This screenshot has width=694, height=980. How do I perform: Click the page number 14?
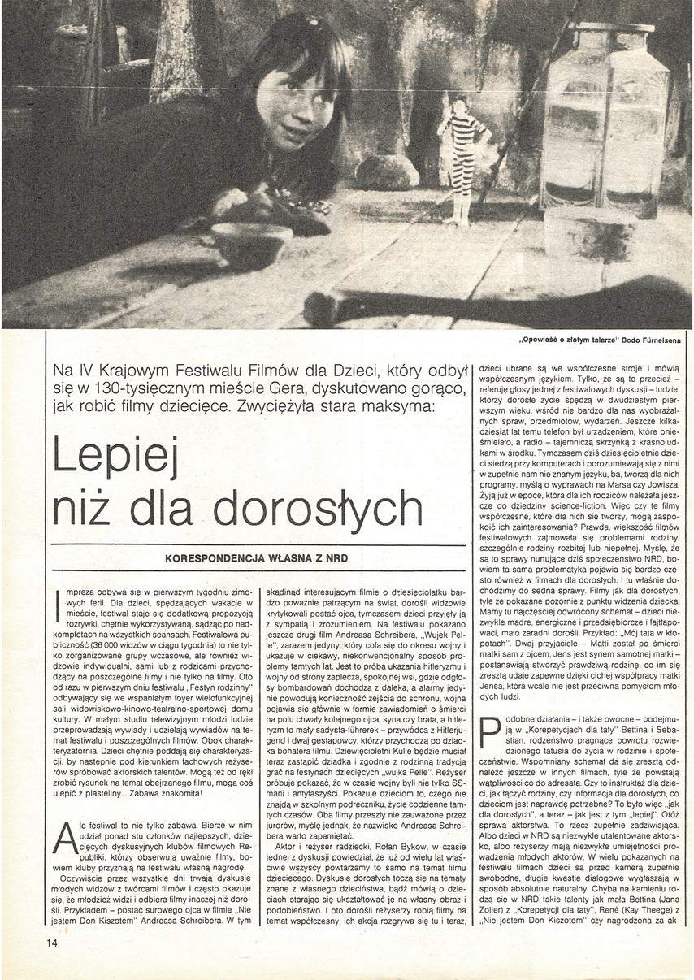[x=52, y=943]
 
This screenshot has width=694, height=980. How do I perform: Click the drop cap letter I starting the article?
[x=55, y=605]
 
